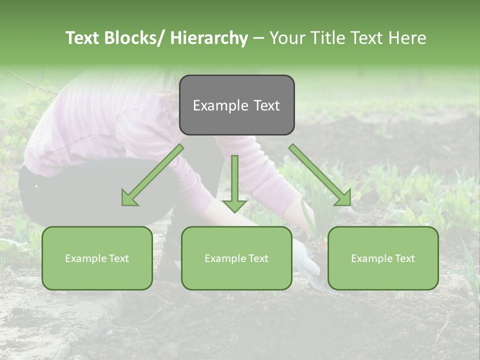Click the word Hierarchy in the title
209,38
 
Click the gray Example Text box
236,105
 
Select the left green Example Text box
97,258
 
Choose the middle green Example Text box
236,258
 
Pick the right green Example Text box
383,258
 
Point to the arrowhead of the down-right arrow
344,198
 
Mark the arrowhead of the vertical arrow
234,205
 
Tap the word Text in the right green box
404,258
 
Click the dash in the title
258,38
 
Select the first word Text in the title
83,38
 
